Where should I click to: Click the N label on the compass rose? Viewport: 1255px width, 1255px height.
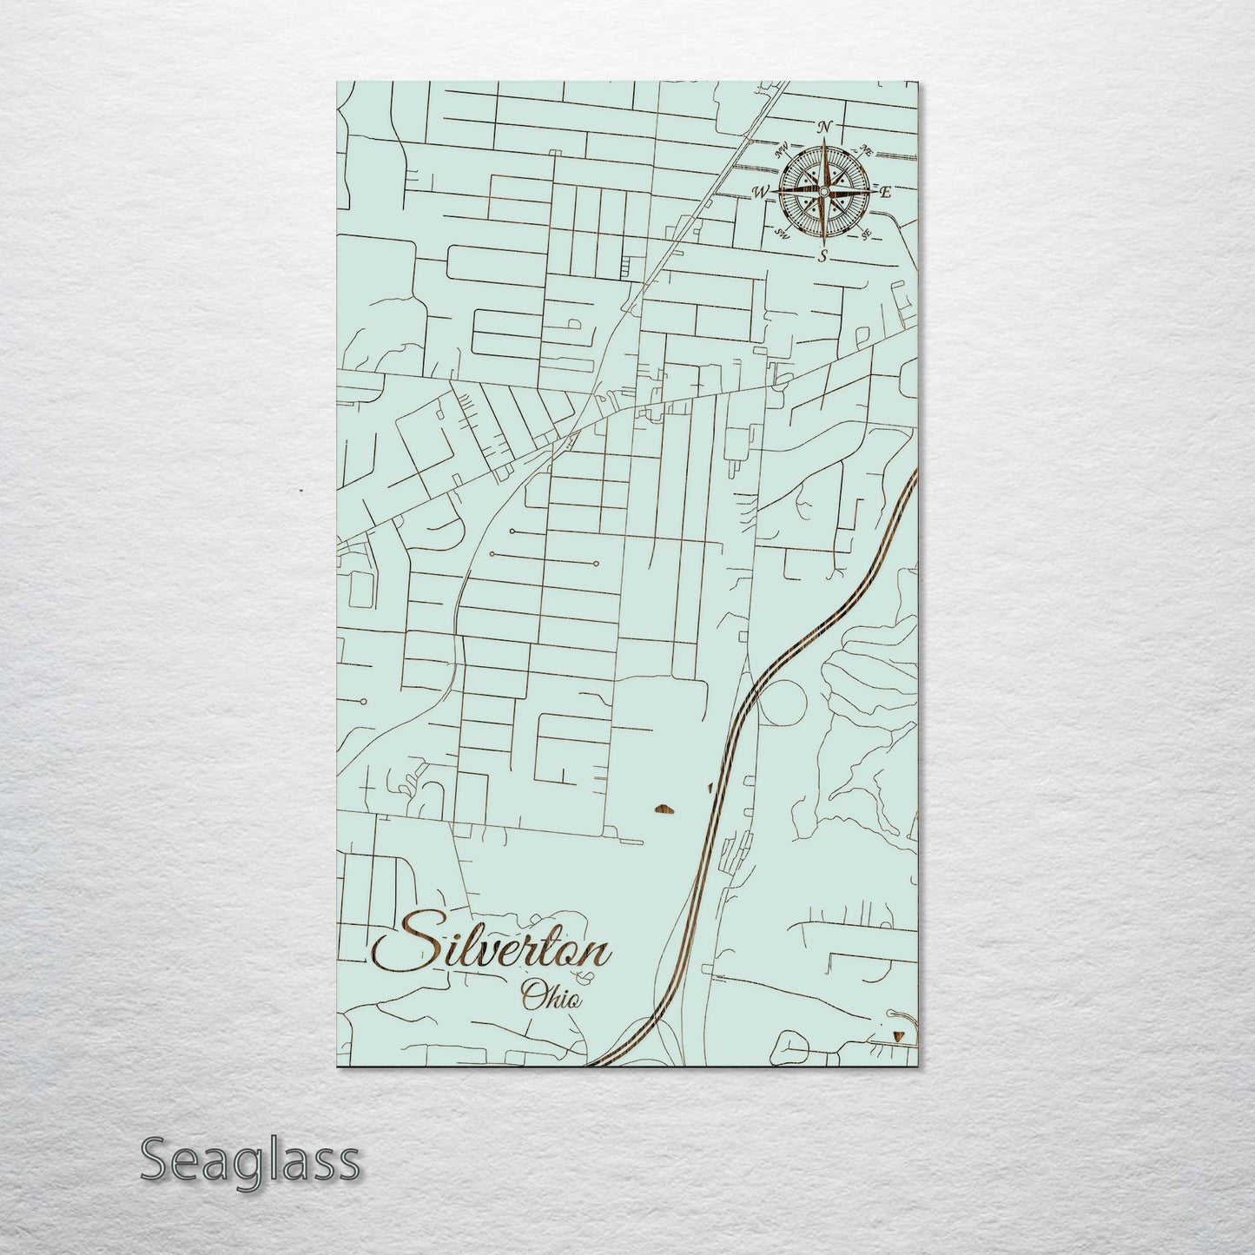(x=824, y=128)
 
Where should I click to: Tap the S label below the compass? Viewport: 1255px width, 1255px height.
(x=823, y=256)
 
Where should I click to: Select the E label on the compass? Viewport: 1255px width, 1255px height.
(x=885, y=193)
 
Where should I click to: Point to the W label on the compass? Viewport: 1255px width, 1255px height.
(x=761, y=192)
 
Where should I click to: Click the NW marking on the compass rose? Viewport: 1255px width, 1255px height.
(x=782, y=148)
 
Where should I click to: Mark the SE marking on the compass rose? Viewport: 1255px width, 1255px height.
(x=865, y=234)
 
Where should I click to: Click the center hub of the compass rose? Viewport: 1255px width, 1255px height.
(x=823, y=191)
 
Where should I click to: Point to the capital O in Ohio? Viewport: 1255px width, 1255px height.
(x=529, y=995)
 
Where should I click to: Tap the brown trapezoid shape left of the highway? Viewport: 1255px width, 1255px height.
(x=663, y=810)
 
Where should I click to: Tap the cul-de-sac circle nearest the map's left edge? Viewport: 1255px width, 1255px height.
(x=364, y=701)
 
